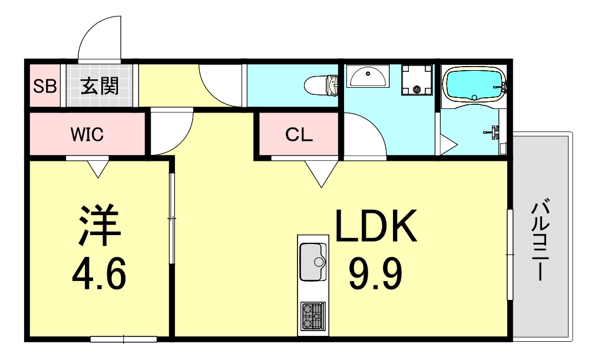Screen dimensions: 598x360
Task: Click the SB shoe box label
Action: click(45, 86)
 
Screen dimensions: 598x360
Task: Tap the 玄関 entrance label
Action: click(100, 86)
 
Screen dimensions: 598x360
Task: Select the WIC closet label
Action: click(87, 134)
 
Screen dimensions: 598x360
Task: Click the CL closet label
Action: click(299, 134)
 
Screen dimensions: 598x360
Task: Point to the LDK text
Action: click(375, 226)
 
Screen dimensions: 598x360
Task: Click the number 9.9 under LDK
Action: click(375, 273)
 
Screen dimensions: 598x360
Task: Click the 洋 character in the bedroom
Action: click(100, 226)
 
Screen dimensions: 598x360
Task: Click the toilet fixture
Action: click(322, 85)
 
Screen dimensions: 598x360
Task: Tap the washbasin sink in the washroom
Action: click(368, 76)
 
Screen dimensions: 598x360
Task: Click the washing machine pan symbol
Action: click(417, 80)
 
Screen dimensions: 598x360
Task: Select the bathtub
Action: click(473, 85)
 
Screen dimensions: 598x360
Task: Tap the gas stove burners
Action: click(313, 316)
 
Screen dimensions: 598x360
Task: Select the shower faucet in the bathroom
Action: click(494, 131)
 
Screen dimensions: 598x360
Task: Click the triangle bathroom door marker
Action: click(448, 145)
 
